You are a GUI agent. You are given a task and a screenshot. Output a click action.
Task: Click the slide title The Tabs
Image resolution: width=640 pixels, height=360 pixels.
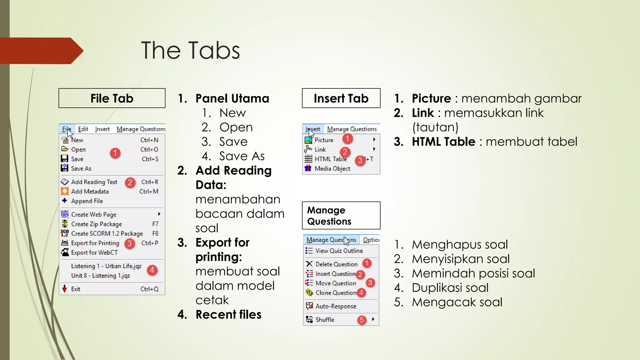tap(190, 50)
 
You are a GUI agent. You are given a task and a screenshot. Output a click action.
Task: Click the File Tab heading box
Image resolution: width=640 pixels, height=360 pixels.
tap(112, 98)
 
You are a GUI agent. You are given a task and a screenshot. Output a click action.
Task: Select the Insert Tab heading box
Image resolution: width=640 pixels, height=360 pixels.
tap(341, 98)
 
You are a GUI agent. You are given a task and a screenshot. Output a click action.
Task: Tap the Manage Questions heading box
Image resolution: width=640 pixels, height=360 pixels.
tap(341, 216)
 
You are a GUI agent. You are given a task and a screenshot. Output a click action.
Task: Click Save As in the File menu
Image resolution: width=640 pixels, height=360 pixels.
tap(81, 168)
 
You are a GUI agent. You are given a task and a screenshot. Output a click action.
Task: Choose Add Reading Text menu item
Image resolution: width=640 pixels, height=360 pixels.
tap(94, 182)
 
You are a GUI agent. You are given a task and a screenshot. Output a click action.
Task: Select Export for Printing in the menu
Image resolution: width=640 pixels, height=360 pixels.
tap(95, 243)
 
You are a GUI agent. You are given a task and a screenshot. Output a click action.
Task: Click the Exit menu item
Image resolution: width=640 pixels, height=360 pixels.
tap(76, 289)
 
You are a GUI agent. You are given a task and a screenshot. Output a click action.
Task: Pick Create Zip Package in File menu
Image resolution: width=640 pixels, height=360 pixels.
tap(96, 224)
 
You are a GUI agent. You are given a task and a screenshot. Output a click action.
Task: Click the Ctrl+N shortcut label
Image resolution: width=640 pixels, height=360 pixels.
tap(149, 140)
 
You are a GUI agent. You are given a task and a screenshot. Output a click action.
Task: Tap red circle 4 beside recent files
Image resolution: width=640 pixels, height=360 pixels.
tap(152, 270)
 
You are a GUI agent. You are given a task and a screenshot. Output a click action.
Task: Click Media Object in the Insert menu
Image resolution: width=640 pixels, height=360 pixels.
tap(332, 169)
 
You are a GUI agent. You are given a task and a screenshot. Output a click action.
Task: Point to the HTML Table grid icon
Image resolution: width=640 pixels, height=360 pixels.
tap(308, 159)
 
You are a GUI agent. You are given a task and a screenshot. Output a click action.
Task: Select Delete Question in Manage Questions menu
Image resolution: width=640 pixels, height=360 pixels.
tap(336, 264)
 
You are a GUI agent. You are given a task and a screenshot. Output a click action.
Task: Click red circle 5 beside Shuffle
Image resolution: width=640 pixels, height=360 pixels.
tap(362, 320)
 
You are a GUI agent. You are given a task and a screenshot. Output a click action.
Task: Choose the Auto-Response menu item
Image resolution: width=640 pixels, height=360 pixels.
tap(336, 306)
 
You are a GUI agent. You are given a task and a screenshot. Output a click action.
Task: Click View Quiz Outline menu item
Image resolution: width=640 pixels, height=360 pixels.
tap(339, 251)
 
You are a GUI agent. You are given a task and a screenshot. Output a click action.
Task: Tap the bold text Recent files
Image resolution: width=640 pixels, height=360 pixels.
tap(228, 315)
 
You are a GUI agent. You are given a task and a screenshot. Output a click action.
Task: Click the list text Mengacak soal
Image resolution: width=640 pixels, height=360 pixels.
tap(457, 302)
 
